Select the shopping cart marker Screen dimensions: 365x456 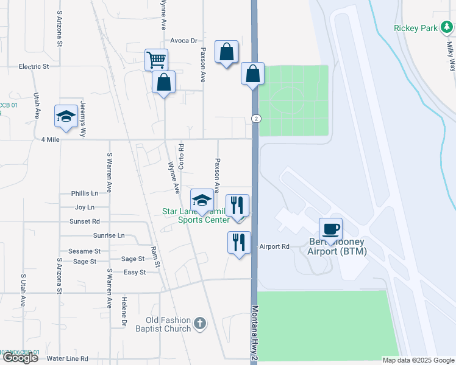157,60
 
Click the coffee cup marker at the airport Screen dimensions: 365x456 330,229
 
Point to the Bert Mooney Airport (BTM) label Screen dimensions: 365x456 337,246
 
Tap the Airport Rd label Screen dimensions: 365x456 274,246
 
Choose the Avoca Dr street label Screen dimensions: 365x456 184,41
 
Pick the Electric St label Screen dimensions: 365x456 34,66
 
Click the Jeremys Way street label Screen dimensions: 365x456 84,119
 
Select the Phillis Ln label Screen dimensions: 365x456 85,193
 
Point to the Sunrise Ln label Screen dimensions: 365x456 109,235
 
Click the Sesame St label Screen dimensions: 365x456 84,251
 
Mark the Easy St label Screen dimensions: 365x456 135,272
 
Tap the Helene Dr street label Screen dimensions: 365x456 124,308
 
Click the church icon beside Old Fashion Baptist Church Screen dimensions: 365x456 201,325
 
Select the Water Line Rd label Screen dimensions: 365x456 68,358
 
